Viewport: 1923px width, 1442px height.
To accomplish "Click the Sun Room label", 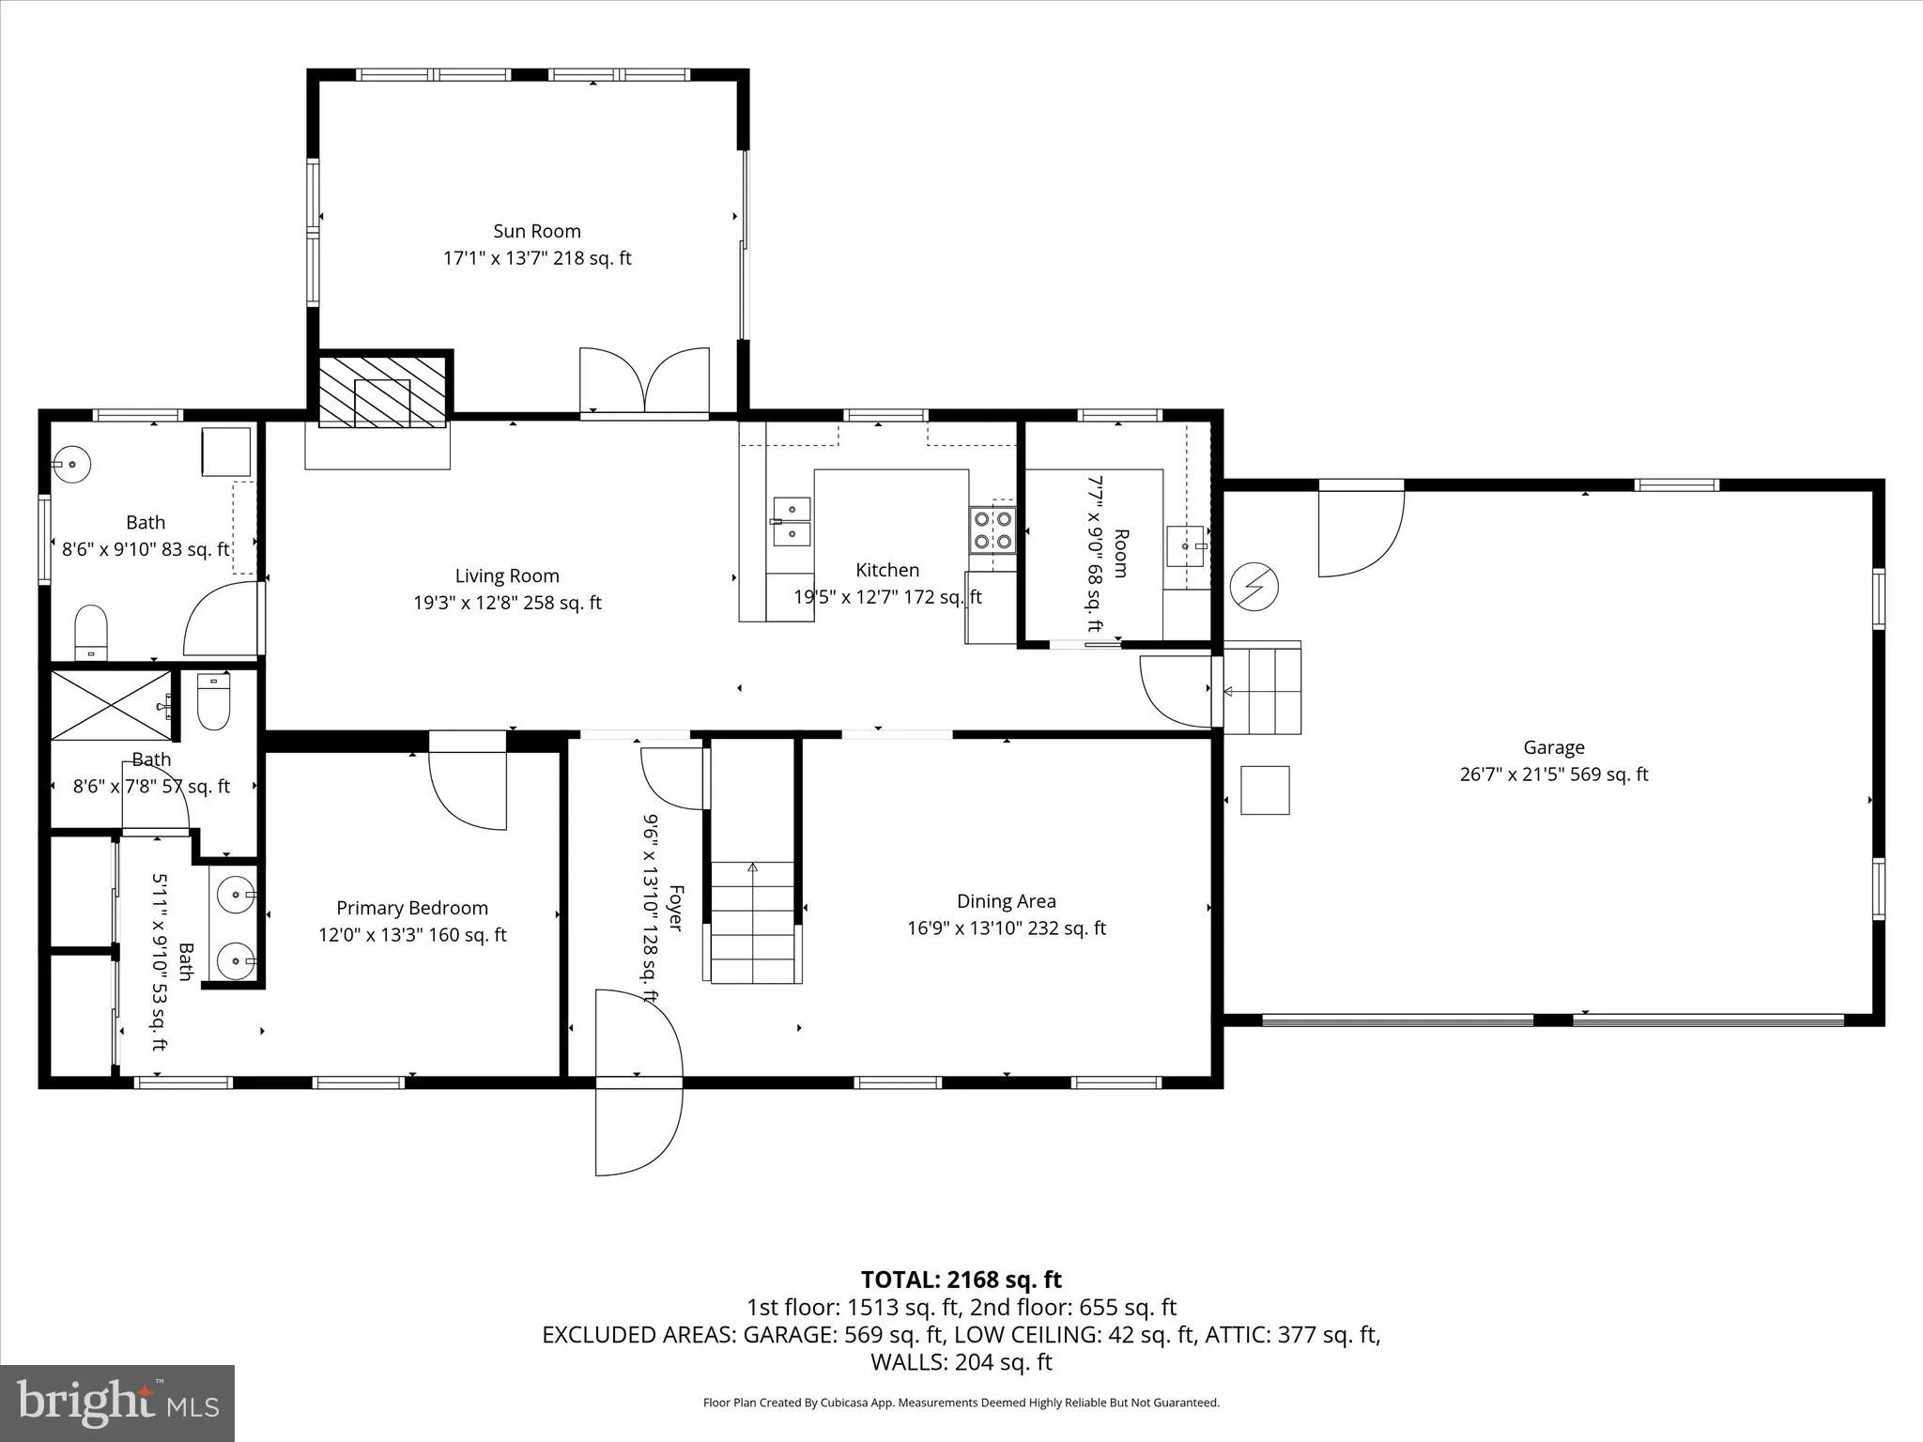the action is (x=537, y=231).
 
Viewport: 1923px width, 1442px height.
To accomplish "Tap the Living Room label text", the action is (x=507, y=575).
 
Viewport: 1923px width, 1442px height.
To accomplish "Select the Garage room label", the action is (x=1554, y=747).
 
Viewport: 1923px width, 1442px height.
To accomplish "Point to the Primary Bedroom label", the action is (x=412, y=908).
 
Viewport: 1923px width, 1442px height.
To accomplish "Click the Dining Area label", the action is (x=1007, y=901).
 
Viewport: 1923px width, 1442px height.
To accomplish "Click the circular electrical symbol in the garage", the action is (x=1254, y=585).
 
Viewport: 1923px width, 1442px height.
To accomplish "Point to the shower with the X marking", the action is (x=111, y=706).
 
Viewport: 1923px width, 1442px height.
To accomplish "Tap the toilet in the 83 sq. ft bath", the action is (x=91, y=632).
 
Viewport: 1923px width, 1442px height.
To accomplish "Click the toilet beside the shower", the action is (x=214, y=702).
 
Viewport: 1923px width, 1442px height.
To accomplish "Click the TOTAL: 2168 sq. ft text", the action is (x=961, y=1280).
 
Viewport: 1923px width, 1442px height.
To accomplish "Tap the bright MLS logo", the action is (x=117, y=1403).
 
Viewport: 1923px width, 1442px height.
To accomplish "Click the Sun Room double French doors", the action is (x=644, y=380).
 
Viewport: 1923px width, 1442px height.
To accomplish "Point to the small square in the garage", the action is (x=1265, y=790).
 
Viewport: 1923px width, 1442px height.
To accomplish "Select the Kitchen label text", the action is (x=887, y=570).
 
